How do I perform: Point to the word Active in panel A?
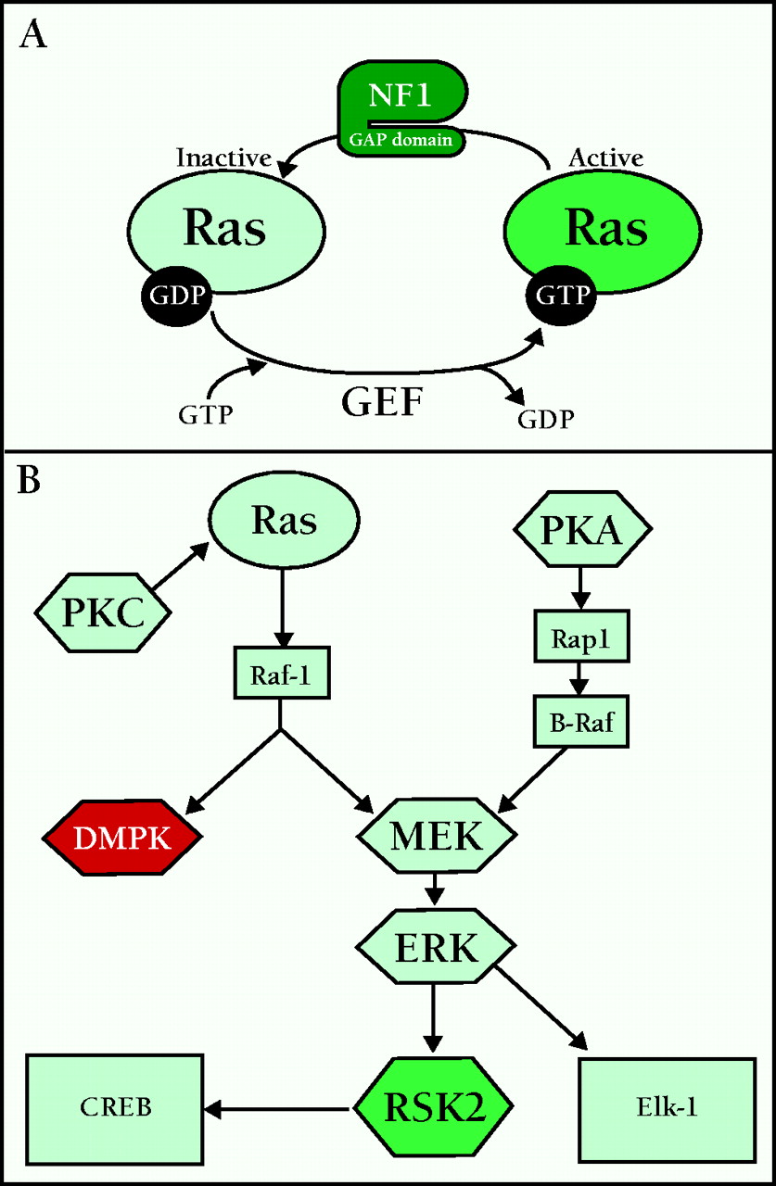click(x=605, y=158)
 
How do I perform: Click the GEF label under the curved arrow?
click(x=382, y=402)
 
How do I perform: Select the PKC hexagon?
click(x=102, y=612)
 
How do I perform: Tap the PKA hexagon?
click(x=582, y=531)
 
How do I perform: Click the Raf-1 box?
click(x=280, y=674)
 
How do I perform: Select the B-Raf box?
click(x=581, y=723)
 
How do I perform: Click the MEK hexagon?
click(x=436, y=838)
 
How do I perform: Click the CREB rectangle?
click(x=115, y=1107)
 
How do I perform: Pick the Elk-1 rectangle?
click(x=666, y=1108)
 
